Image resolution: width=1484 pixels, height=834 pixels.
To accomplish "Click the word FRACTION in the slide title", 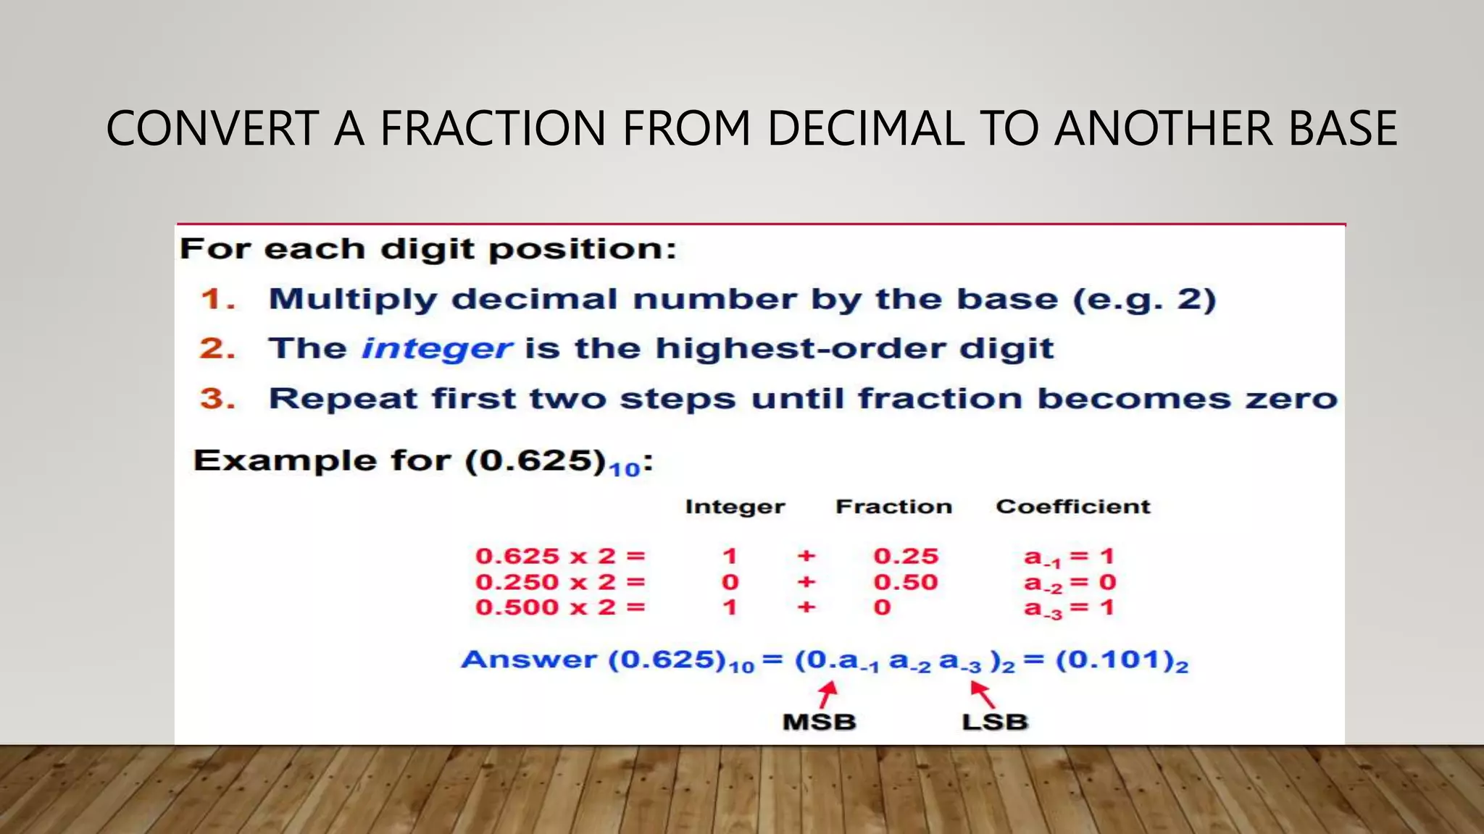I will [x=493, y=129].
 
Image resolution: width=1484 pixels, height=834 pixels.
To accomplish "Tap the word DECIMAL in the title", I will [x=865, y=129].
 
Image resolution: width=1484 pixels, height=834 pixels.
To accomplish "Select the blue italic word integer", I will [x=437, y=349].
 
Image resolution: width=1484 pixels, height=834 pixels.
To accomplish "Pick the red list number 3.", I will [x=217, y=399].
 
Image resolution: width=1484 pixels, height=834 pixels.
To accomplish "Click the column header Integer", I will [x=735, y=507].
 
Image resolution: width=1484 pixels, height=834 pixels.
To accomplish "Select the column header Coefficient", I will [x=1072, y=507].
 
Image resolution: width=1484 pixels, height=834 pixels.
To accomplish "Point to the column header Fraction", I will [x=893, y=507].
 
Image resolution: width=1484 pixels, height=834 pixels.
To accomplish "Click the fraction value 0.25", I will [x=906, y=556].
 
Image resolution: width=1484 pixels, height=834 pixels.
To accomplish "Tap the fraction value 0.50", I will [x=906, y=582].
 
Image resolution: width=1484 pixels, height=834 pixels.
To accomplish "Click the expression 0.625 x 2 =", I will [x=559, y=556].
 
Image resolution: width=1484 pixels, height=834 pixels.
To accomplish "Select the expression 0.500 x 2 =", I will [x=559, y=607].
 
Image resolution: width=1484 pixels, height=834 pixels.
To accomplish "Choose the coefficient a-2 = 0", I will [x=1070, y=583].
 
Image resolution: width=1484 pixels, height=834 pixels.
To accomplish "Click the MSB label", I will [x=820, y=722].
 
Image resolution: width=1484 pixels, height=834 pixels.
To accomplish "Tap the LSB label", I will [x=995, y=722].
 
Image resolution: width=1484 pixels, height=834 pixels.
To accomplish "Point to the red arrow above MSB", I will [x=828, y=695].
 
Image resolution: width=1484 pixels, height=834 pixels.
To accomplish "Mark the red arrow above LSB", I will [x=983, y=695].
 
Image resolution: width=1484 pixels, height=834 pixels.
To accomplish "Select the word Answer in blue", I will [x=529, y=660].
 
